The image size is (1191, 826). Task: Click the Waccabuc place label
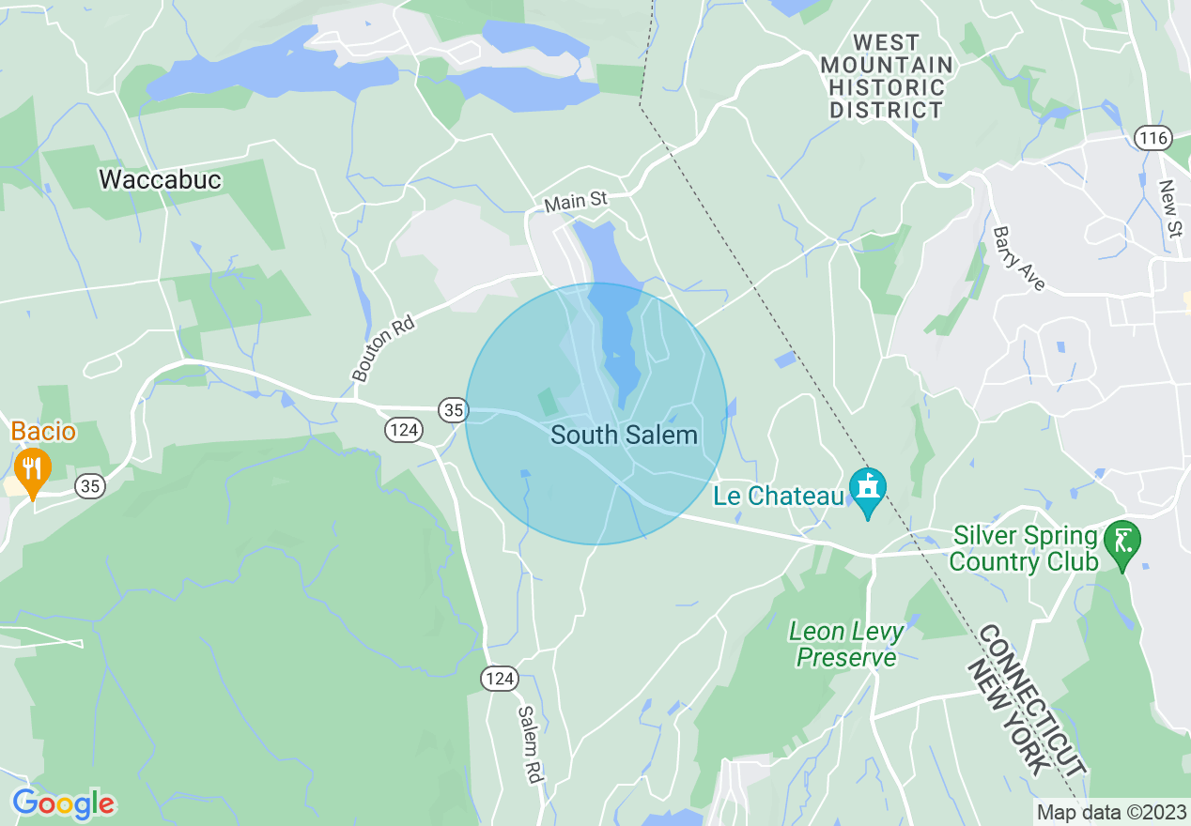pyautogui.click(x=160, y=179)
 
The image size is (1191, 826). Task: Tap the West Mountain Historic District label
pyautogui.click(x=887, y=76)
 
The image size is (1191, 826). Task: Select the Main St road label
pyautogui.click(x=576, y=201)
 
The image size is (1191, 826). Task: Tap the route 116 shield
pyautogui.click(x=1152, y=139)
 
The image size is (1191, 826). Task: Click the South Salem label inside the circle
pyautogui.click(x=624, y=436)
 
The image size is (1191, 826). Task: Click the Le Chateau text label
pyautogui.click(x=779, y=496)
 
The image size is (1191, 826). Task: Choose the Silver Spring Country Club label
pyautogui.click(x=1024, y=549)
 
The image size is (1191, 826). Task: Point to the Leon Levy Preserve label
pyautogui.click(x=846, y=644)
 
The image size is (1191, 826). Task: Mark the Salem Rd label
pyautogui.click(x=531, y=744)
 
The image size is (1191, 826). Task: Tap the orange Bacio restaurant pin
pyautogui.click(x=34, y=471)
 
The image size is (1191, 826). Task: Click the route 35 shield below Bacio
pyautogui.click(x=90, y=486)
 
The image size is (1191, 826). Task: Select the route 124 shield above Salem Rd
pyautogui.click(x=501, y=678)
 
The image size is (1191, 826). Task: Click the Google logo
pyautogui.click(x=63, y=803)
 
